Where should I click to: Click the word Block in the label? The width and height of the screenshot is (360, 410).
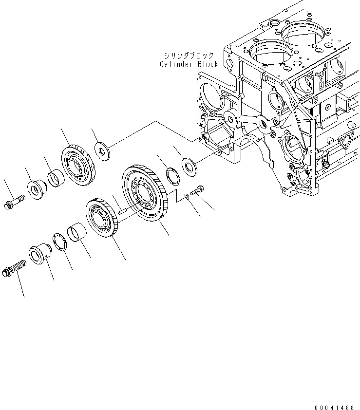pyautogui.click(x=208, y=64)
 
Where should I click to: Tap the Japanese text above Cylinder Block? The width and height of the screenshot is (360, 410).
pyautogui.click(x=189, y=56)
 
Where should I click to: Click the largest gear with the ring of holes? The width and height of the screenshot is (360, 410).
pyautogui.click(x=145, y=195)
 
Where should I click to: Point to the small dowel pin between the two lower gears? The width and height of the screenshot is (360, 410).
pyautogui.click(x=123, y=211)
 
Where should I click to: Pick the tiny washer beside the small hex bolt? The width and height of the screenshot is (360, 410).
pyautogui.click(x=188, y=197)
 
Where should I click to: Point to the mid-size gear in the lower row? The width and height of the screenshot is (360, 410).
pyautogui.click(x=102, y=219)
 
